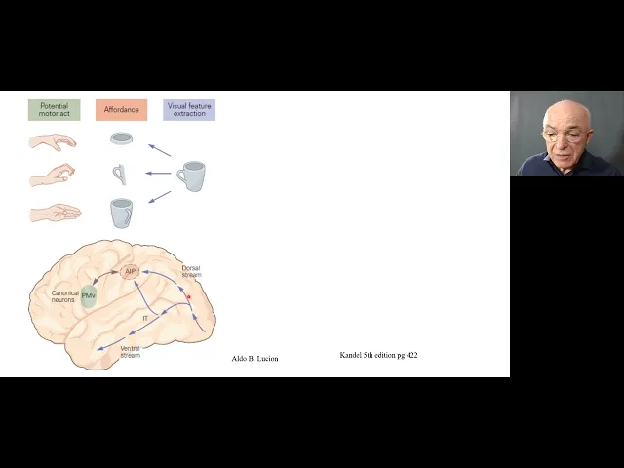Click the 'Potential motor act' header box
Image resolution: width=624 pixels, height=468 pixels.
(54, 110)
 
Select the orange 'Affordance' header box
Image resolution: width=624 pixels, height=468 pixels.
(121, 110)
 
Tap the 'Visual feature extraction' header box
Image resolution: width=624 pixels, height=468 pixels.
(189, 110)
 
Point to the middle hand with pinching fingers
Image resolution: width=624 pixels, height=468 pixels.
(53, 175)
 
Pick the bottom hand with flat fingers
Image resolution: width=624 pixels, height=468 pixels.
(55, 212)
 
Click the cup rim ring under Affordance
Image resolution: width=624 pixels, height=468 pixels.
(121, 139)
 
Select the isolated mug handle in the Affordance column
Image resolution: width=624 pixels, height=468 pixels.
(119, 175)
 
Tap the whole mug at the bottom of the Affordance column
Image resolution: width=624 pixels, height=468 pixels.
(121, 212)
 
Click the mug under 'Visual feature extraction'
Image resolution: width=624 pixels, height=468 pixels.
(190, 176)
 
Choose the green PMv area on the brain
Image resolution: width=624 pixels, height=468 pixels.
(89, 295)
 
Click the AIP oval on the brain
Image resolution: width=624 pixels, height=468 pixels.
(130, 271)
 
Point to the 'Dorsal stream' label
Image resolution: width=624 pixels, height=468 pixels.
(191, 271)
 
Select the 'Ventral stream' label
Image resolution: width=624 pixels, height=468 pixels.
(130, 351)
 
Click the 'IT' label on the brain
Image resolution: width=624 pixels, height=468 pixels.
(145, 318)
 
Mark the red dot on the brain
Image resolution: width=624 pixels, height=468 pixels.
(189, 295)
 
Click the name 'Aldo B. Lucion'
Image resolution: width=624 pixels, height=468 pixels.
(254, 359)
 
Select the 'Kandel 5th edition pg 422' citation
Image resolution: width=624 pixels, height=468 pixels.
(378, 355)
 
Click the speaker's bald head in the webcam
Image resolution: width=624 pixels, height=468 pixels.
(567, 117)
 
